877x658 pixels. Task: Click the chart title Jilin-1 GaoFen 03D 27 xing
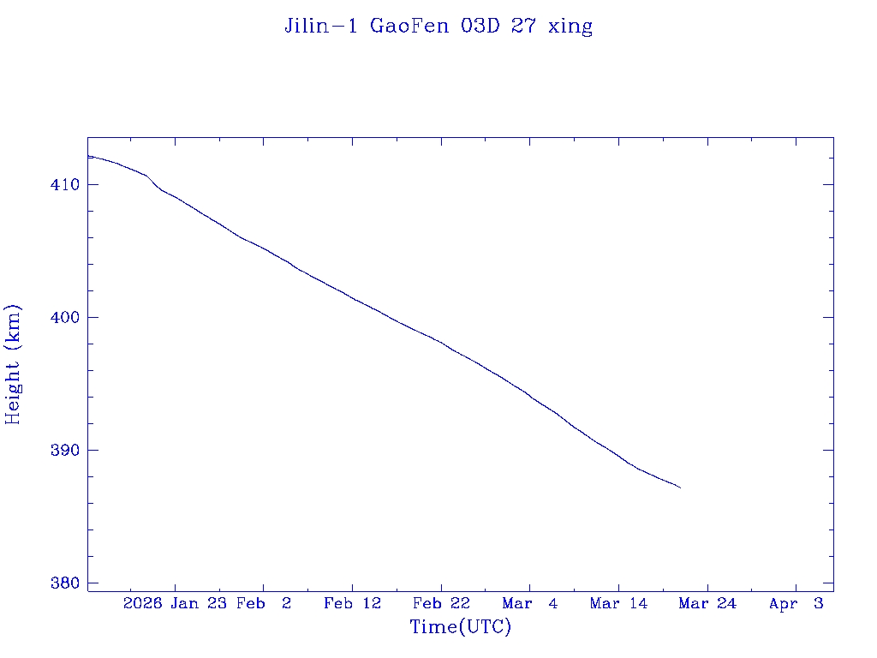coord(438,26)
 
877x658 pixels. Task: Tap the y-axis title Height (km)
coord(13,363)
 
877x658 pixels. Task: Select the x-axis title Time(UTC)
coord(461,627)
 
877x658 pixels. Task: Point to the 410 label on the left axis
coord(66,184)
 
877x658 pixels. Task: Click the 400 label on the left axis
coord(66,317)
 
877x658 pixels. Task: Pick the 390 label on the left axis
coord(66,450)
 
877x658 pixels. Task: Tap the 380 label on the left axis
coord(66,583)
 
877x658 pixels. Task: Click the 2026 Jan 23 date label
coord(175,603)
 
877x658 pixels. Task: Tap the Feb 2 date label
coord(264,603)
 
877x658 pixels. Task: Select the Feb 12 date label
coord(352,603)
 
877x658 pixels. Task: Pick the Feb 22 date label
coord(441,603)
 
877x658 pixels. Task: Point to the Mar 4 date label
coord(530,603)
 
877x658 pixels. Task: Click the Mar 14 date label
coord(618,603)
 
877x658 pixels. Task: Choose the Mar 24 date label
coord(707,603)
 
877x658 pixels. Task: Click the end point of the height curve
coord(680,488)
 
